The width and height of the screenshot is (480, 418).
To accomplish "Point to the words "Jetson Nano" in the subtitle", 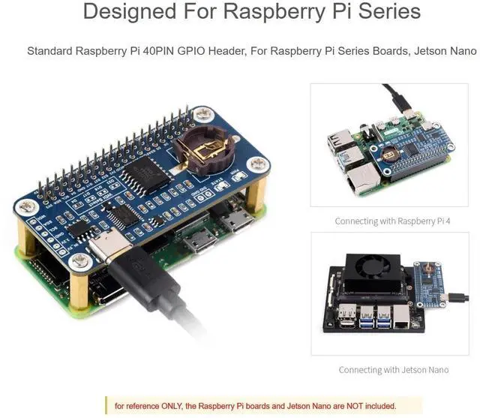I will (447, 52).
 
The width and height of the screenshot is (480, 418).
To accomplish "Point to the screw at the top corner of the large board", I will (202, 115).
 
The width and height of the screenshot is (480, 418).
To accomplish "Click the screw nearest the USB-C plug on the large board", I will (81, 260).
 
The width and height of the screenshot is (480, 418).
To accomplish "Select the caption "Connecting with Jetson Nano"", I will (393, 370).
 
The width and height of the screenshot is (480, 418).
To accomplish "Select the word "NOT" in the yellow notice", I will (339, 406).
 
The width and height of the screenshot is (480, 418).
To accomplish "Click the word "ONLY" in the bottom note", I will (168, 406).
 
